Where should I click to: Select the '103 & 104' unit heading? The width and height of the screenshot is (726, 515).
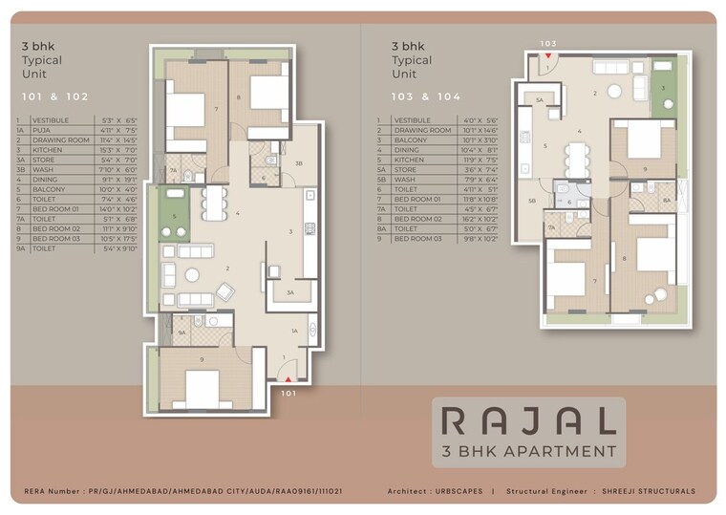click(425, 97)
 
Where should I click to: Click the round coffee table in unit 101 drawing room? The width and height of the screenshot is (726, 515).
click(192, 275)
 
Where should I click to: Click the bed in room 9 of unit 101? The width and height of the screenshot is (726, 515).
click(203, 387)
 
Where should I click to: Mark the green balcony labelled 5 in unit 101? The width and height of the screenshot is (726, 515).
click(175, 216)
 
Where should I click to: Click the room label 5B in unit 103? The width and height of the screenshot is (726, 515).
click(532, 201)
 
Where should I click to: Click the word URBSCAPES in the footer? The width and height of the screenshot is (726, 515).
click(459, 492)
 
